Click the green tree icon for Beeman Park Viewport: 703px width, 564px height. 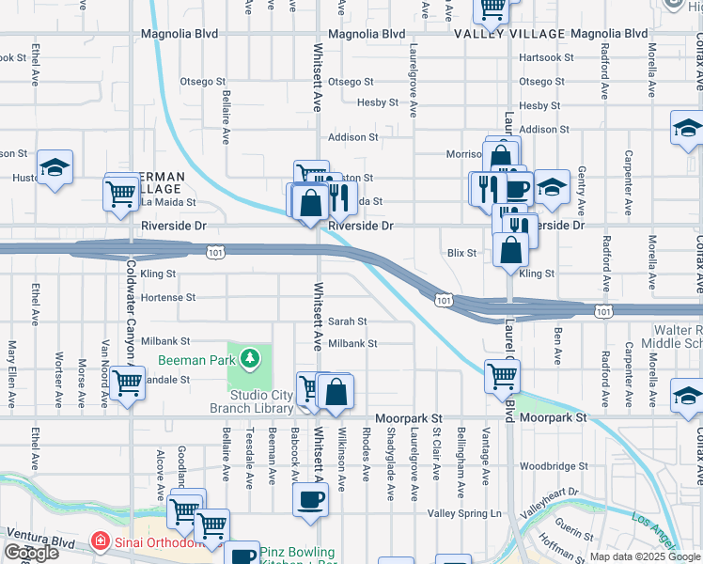point(249,357)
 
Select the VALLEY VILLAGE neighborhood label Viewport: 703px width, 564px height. point(509,34)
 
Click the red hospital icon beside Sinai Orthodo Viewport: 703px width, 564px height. point(99,542)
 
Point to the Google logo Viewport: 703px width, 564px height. point(31,553)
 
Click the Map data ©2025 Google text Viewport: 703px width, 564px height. point(645,556)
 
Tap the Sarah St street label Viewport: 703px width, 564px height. point(347,321)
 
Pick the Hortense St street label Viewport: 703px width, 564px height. point(167,297)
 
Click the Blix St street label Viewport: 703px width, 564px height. point(461,253)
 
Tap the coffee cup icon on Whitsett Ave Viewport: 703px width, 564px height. point(309,499)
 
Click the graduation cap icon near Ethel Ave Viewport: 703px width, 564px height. point(55,166)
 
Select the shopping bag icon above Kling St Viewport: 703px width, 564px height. point(510,249)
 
